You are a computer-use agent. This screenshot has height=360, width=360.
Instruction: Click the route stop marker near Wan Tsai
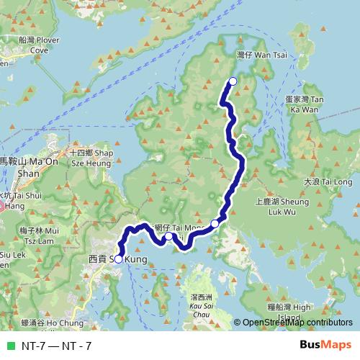233,81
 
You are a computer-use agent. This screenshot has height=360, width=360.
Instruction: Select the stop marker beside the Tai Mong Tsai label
168,236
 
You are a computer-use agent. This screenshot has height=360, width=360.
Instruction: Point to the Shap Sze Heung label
92,158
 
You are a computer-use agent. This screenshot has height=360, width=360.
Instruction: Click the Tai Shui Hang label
25,199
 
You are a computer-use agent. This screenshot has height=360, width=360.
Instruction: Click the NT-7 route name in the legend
57,346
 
